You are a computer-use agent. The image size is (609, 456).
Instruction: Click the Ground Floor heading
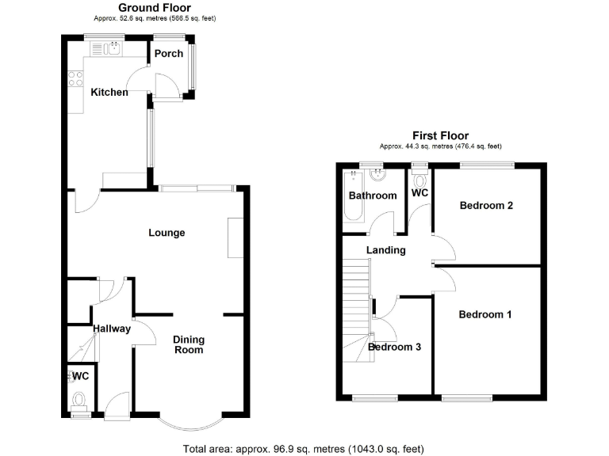tap(155, 8)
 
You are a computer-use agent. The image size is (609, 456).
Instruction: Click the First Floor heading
tap(440, 136)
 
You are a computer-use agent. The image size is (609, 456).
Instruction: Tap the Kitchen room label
tap(109, 93)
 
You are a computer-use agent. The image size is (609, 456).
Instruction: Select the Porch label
tap(168, 54)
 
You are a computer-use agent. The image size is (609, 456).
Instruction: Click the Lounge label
tap(167, 233)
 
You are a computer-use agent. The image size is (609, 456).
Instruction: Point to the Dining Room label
tap(189, 344)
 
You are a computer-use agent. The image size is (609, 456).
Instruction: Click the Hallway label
tap(111, 329)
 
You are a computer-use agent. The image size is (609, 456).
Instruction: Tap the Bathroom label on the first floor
tap(373, 196)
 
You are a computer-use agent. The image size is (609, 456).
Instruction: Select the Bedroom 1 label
tap(485, 314)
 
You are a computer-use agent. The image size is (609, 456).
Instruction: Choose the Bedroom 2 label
tap(486, 206)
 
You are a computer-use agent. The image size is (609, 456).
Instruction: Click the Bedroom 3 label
tap(395, 347)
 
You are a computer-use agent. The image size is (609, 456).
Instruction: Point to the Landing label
tap(386, 250)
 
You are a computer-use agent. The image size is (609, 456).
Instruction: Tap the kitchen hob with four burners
tap(77, 78)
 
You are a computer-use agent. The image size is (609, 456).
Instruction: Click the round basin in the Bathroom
tap(375, 177)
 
